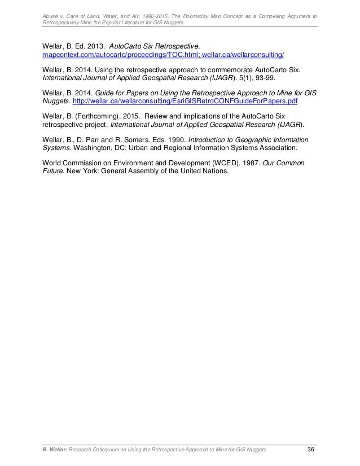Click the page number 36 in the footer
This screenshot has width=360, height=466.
click(x=310, y=449)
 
